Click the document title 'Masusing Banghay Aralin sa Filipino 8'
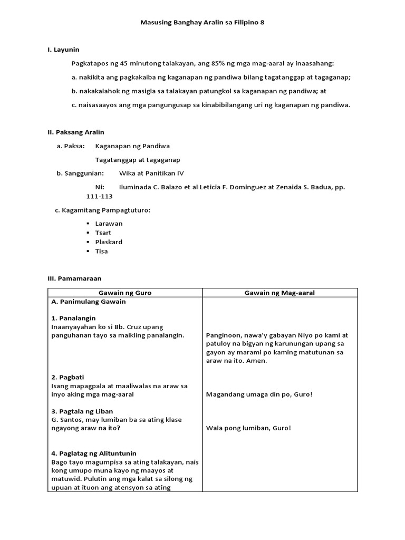202,23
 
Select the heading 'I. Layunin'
63,50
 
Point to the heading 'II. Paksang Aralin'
76,132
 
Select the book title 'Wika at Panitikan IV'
152,173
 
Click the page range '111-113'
100,196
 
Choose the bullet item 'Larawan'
109,224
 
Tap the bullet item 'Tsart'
103,233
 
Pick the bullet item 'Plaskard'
109,242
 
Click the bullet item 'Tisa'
101,251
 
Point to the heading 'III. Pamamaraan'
74,278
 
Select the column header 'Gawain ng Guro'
125,293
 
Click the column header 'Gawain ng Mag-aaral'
279,293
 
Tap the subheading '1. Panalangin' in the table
73,319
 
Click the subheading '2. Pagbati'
68,377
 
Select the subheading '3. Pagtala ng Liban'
82,411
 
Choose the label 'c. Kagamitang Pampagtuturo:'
103,210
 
